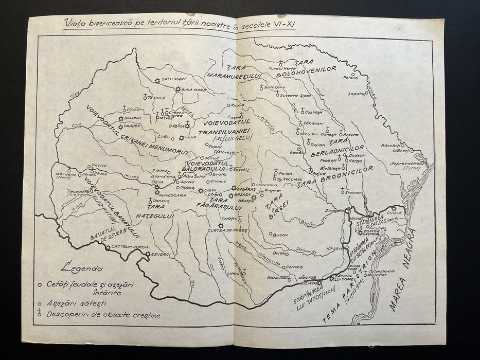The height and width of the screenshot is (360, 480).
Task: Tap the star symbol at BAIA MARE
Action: pyautogui.click(x=177, y=89)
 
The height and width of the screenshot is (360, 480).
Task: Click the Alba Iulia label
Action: pyautogui.click(x=193, y=175)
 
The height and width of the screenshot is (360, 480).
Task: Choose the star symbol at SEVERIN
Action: pyautogui.click(x=148, y=254)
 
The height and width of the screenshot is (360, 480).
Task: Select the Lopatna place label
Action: pyautogui.click(x=356, y=94)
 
